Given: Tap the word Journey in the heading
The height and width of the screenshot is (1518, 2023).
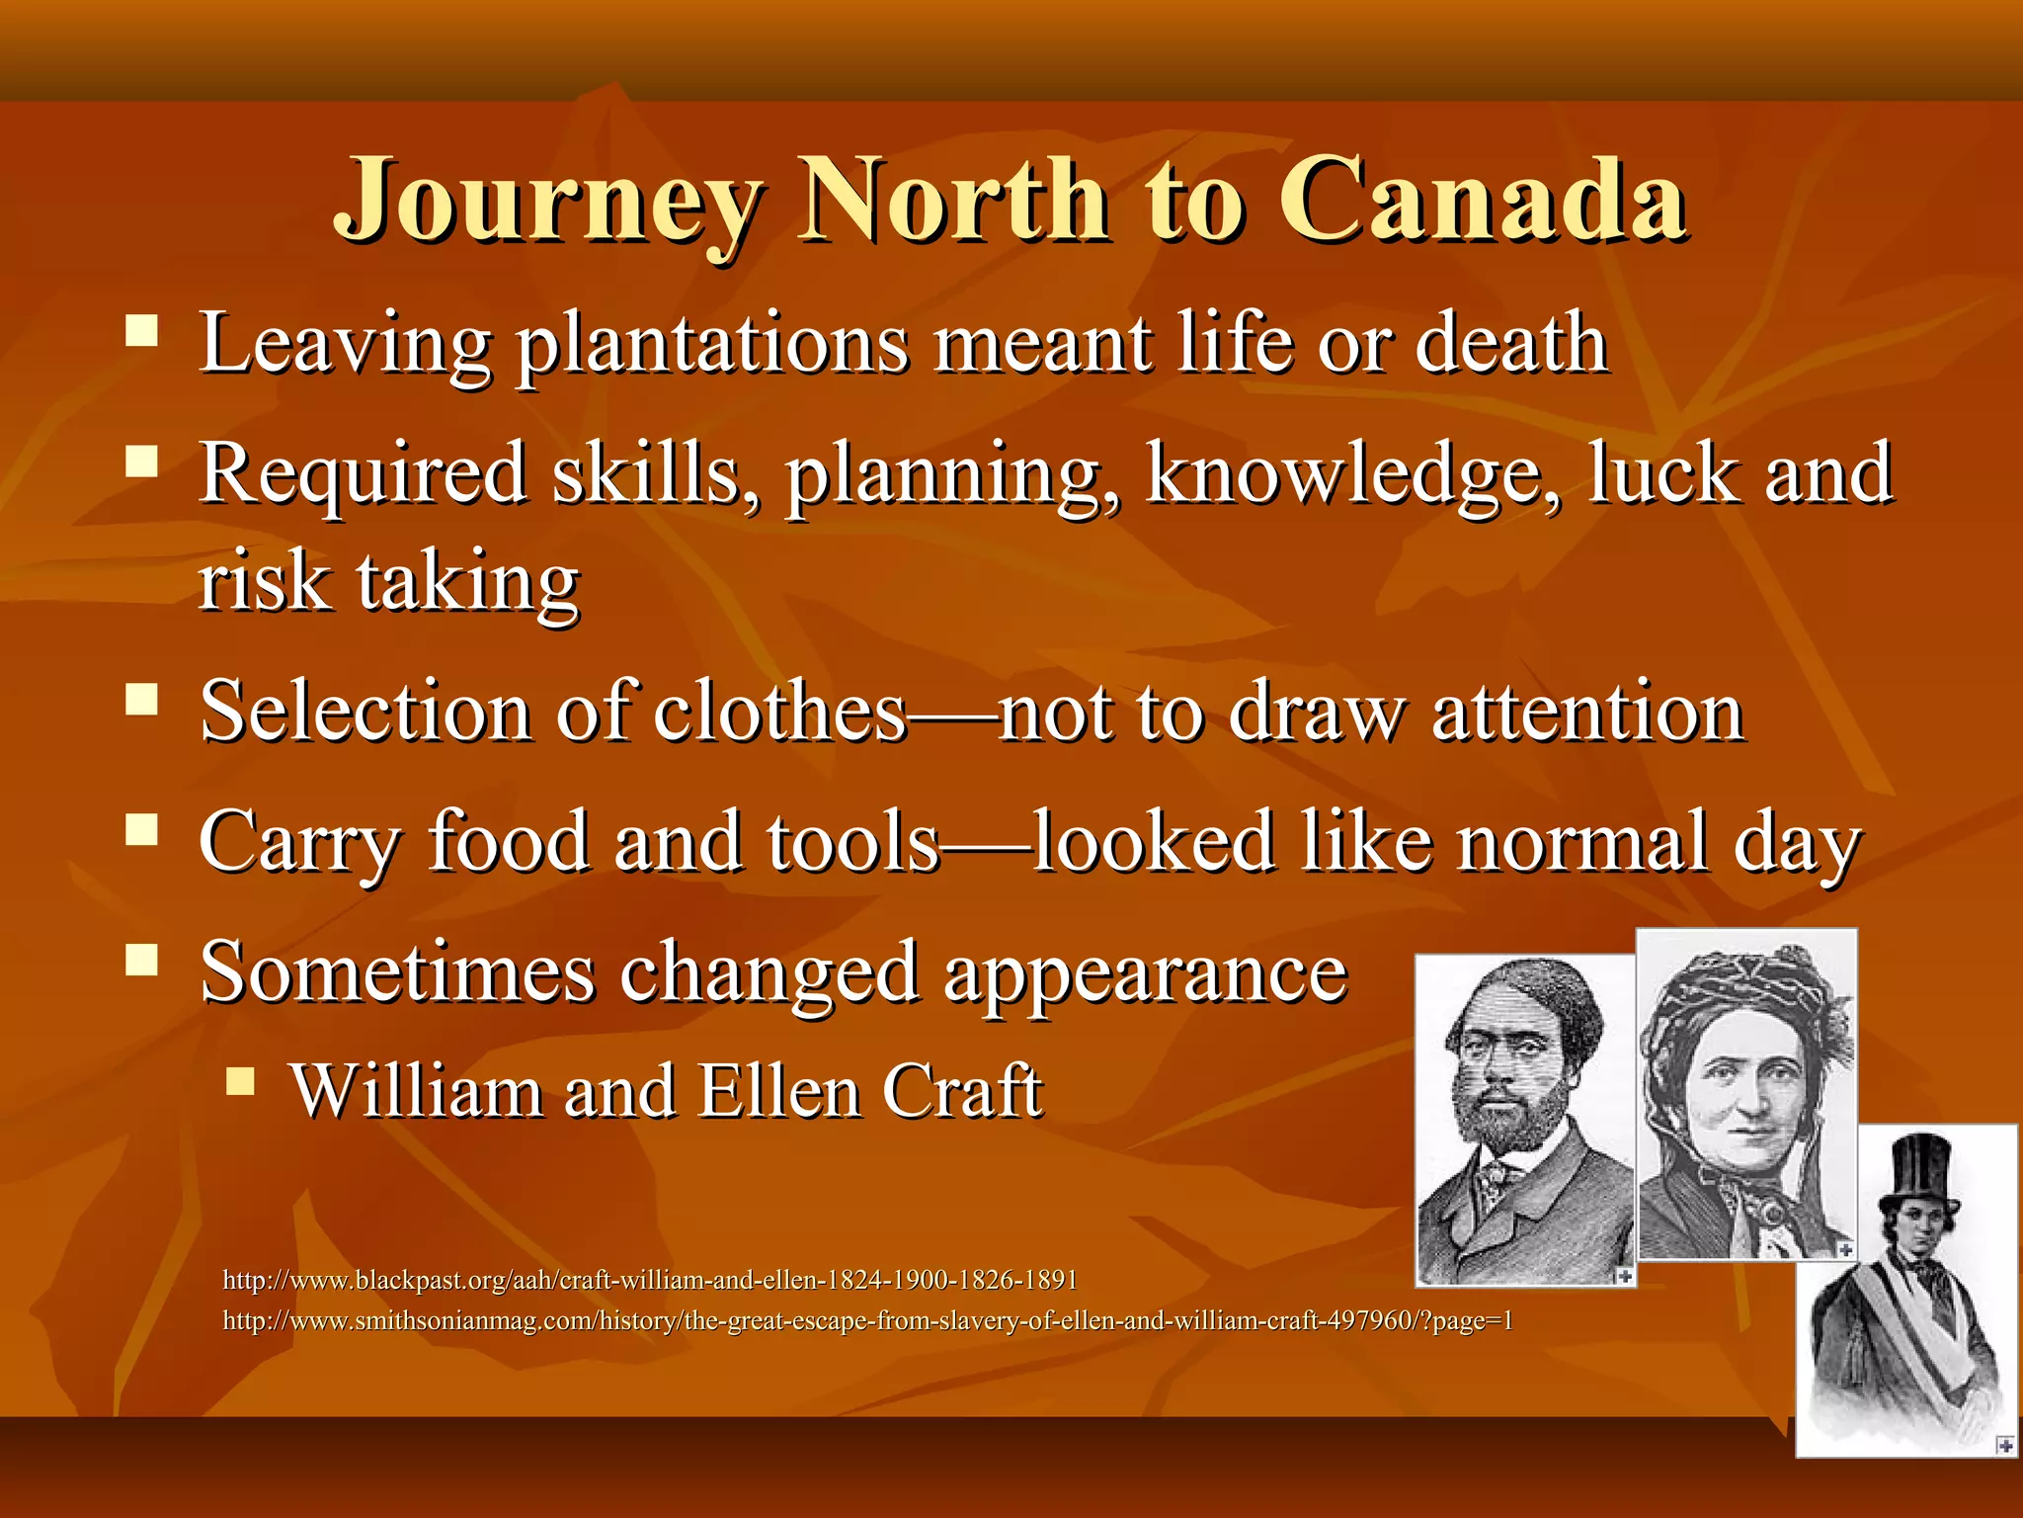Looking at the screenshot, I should point(549,203).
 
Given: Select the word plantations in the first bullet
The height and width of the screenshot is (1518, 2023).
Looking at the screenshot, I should point(712,345).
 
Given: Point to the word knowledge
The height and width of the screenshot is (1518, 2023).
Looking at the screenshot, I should point(1353,474).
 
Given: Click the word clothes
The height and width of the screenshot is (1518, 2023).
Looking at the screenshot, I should point(780,712).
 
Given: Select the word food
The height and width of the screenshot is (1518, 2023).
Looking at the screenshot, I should point(508,842).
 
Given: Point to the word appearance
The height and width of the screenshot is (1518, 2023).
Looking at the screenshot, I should point(1145,974).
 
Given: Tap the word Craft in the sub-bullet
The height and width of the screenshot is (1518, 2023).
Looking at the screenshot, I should point(962,1092).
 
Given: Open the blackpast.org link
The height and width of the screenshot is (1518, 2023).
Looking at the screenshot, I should point(650,1281).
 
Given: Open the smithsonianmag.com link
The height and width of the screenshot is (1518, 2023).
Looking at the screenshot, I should point(867,1321).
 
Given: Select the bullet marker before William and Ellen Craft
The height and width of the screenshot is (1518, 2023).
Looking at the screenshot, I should point(240,1081).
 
